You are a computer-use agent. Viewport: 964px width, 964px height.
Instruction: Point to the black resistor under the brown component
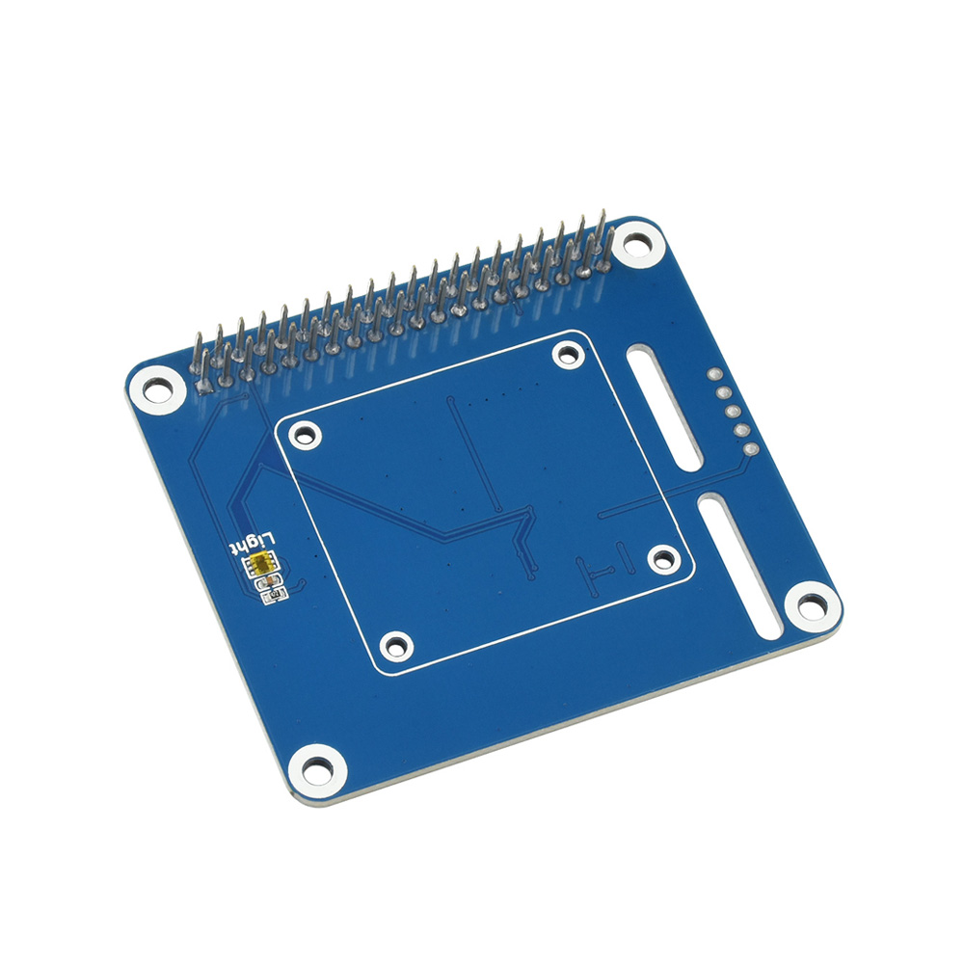tap(274, 594)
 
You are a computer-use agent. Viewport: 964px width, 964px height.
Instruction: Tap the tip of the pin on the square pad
tap(198, 336)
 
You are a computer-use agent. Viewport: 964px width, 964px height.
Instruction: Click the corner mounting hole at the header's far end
tap(634, 244)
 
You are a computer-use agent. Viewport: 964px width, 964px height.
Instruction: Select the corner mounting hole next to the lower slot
tap(812, 605)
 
